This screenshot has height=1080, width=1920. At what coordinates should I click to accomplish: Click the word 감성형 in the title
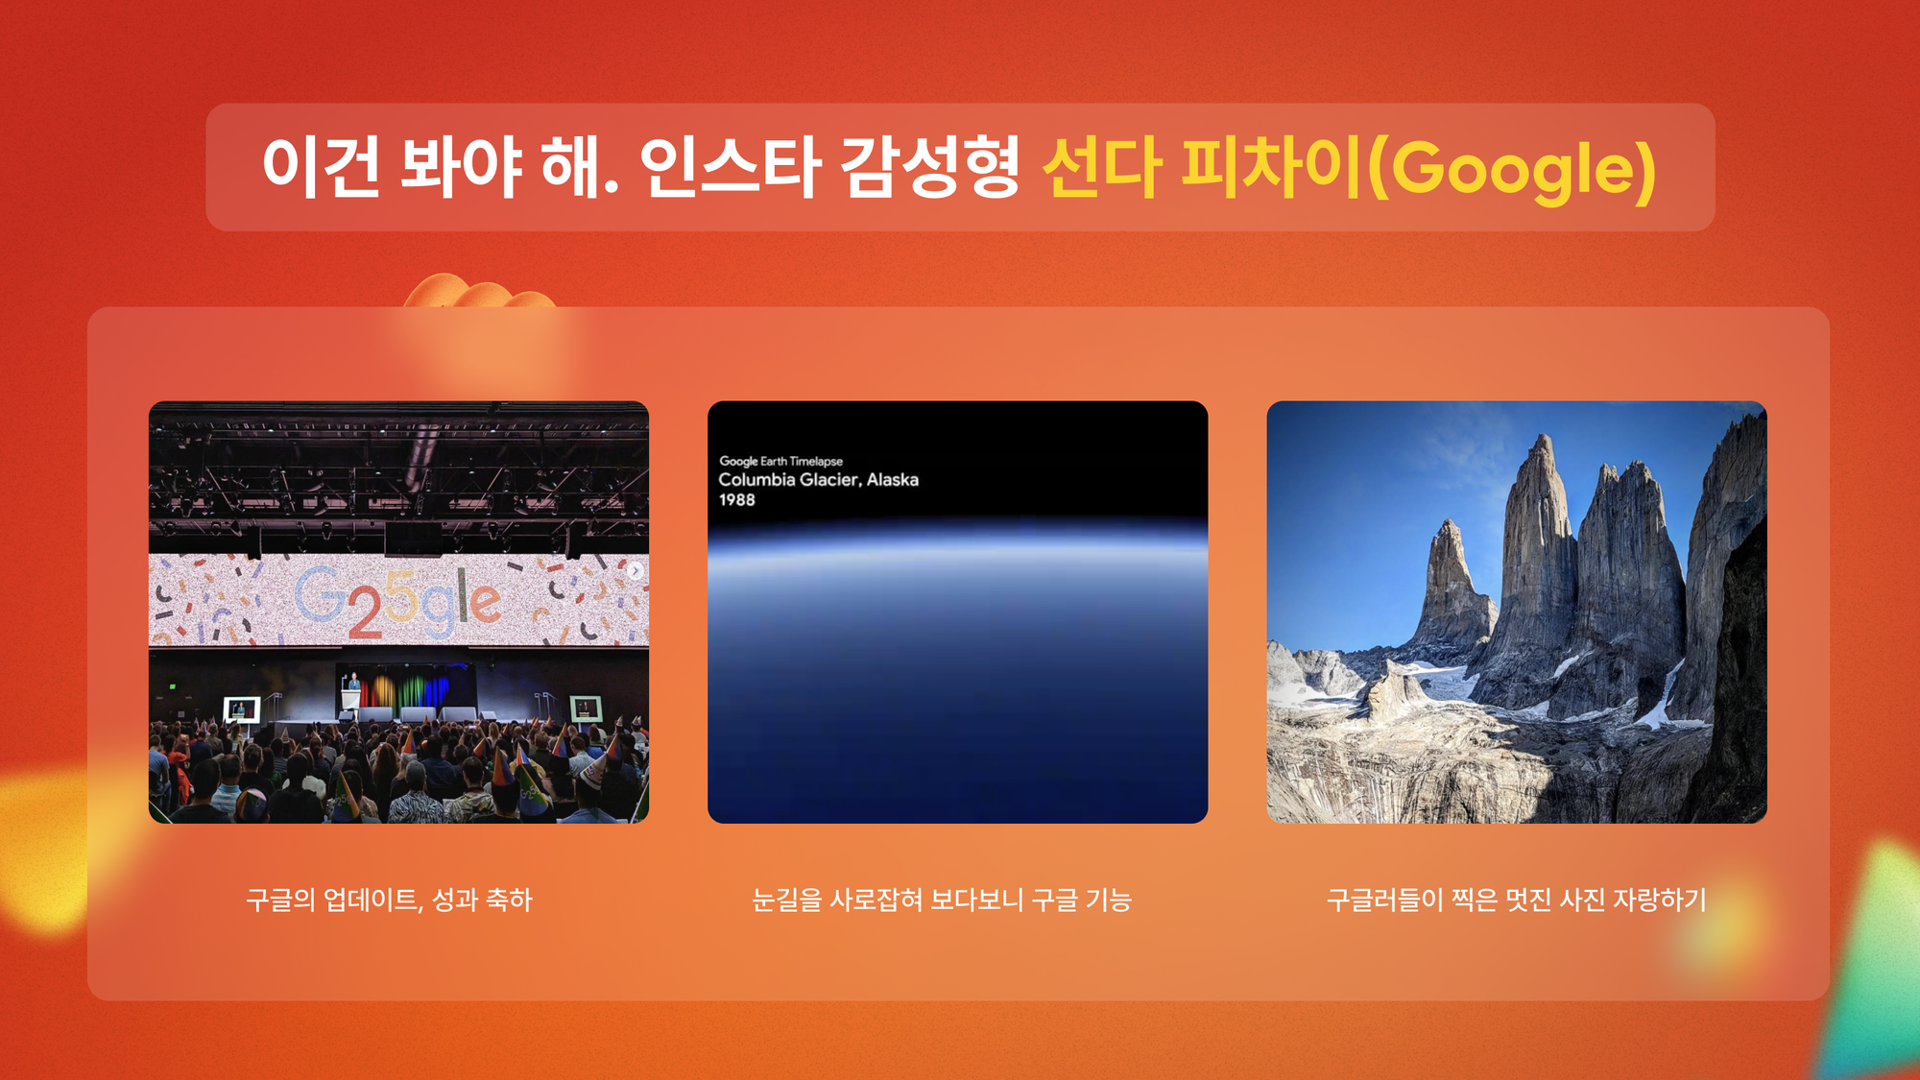[x=929, y=167]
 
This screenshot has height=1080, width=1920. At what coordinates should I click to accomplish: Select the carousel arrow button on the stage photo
[x=635, y=570]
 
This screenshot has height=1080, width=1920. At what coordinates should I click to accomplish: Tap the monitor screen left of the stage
[x=241, y=708]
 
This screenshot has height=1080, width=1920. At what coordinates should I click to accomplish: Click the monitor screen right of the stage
[x=586, y=708]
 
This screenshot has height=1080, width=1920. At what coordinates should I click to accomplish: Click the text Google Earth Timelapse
[x=780, y=461]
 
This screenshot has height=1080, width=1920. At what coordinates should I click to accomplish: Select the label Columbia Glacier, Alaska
[x=818, y=479]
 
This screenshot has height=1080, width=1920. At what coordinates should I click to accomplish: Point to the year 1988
[x=736, y=500]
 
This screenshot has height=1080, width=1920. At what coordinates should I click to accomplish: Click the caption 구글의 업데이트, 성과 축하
[x=389, y=900]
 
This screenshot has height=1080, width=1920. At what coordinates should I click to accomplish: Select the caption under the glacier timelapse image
[x=942, y=900]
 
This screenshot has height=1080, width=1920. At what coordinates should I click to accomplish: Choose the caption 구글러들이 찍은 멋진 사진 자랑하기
[x=1517, y=900]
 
